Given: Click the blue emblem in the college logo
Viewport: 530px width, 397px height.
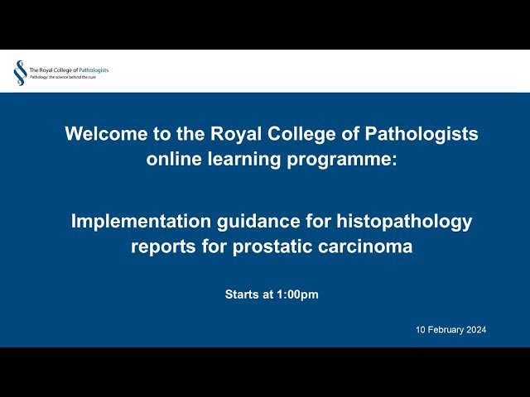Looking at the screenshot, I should click(19, 73).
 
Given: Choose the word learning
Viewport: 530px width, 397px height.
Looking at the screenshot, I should click(248, 159).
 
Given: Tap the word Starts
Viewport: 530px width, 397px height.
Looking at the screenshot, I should click(241, 294).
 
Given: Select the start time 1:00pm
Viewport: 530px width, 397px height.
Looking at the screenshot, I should click(297, 294).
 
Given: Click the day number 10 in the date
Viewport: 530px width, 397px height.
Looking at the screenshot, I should click(421, 329).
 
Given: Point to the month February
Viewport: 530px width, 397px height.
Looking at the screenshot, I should click(446, 329).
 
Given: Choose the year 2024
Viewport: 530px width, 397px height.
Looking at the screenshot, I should click(476, 329).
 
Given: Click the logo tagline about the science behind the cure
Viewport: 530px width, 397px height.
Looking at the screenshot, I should click(62, 77).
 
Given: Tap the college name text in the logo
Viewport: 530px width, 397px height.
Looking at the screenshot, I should click(69, 69).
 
